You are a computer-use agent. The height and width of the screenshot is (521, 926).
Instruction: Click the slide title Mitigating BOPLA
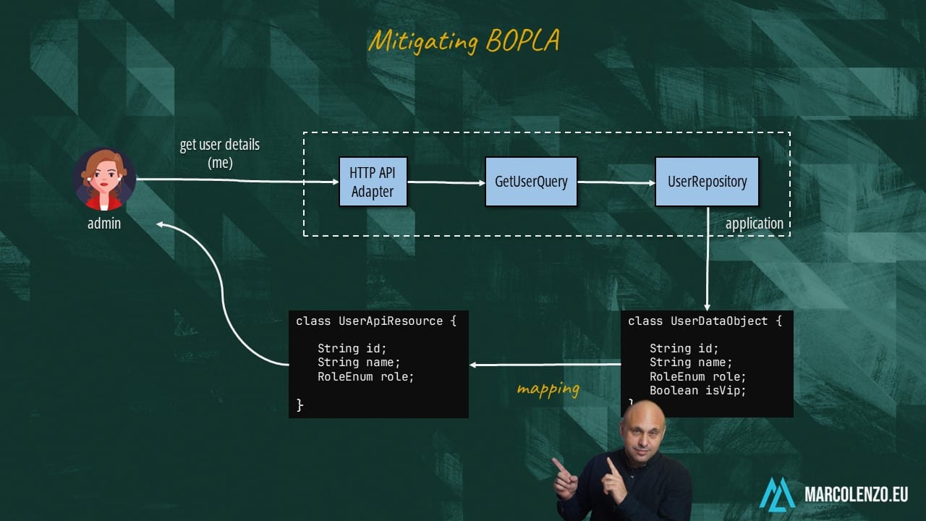pos(464,41)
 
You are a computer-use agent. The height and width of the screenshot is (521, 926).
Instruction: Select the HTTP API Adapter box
pos(373,182)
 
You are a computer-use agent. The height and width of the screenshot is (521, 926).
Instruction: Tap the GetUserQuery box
pos(531,182)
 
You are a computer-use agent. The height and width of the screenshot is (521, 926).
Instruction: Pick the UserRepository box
pos(707,182)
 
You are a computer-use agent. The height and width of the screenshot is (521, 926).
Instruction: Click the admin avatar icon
pos(104,179)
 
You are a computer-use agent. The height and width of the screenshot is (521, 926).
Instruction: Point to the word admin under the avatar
pos(104,224)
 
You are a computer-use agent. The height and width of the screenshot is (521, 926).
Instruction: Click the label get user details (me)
pos(220,153)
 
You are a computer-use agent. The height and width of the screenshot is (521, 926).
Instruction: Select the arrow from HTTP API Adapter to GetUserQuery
pos(446,182)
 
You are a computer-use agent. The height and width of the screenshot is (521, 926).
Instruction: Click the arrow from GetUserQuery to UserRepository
pos(616,182)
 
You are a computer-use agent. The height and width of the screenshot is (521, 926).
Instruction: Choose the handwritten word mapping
pos(548,389)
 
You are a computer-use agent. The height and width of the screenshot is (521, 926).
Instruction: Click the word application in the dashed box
pos(754,224)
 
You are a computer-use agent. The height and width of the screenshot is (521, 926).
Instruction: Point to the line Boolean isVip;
pos(697,391)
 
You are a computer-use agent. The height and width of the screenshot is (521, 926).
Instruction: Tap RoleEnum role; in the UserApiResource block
pos(365,377)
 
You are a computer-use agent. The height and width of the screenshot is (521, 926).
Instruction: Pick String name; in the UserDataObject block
pos(691,363)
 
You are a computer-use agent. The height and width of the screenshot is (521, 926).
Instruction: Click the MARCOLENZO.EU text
pos(856,495)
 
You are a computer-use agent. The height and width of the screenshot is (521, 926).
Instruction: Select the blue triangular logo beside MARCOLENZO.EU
pos(777,494)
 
